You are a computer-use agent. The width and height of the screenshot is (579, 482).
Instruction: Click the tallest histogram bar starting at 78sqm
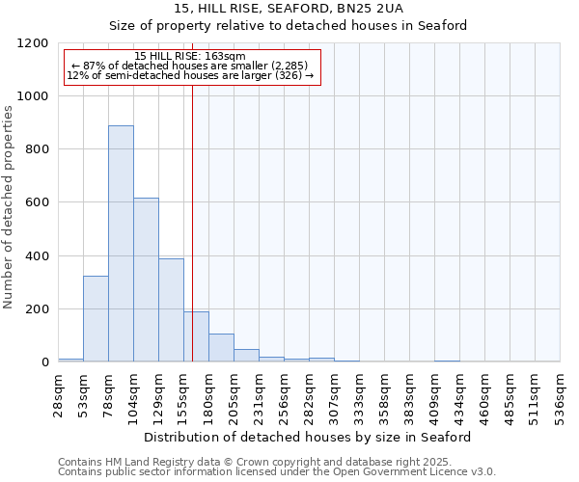pyautogui.click(x=121, y=243)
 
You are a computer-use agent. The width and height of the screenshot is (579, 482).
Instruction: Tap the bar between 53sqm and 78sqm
pyautogui.click(x=96, y=318)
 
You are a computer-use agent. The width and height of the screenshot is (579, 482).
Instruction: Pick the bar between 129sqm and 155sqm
pyautogui.click(x=171, y=309)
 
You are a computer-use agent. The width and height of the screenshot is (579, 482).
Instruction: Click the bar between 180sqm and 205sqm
pyautogui.click(x=221, y=347)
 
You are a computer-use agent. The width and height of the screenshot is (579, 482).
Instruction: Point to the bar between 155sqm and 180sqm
pyautogui.click(x=196, y=336)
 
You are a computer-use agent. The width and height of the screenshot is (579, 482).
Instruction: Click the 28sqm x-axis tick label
pyautogui.click(x=58, y=390)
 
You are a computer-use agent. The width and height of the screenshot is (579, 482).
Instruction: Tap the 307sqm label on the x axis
pyautogui.click(x=334, y=392)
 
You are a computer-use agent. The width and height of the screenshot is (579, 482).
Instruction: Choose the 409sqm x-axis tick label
pyautogui.click(x=434, y=392)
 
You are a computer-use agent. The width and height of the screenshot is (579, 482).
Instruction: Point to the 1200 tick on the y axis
pyautogui.click(x=34, y=43)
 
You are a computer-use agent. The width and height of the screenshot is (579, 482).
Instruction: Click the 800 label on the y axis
pyautogui.click(x=37, y=149)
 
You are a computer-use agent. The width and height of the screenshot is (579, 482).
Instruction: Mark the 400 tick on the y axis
pyautogui.click(x=37, y=256)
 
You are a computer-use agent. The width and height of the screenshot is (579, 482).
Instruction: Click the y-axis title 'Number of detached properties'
pyautogui.click(x=10, y=207)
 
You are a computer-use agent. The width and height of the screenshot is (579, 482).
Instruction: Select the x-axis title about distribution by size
pyautogui.click(x=309, y=437)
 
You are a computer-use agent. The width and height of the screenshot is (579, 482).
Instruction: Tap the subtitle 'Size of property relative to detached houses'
pyautogui.click(x=288, y=26)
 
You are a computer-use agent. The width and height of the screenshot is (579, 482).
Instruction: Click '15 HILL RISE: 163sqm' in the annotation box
pyautogui.click(x=190, y=56)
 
